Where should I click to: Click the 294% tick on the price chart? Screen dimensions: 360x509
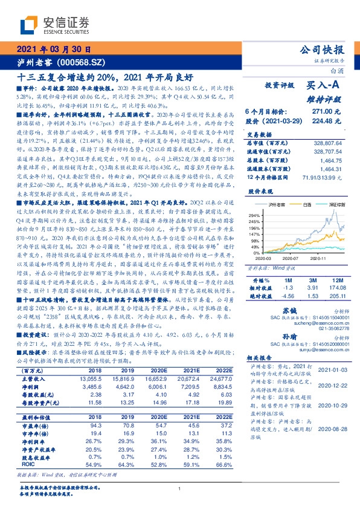[254, 215]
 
